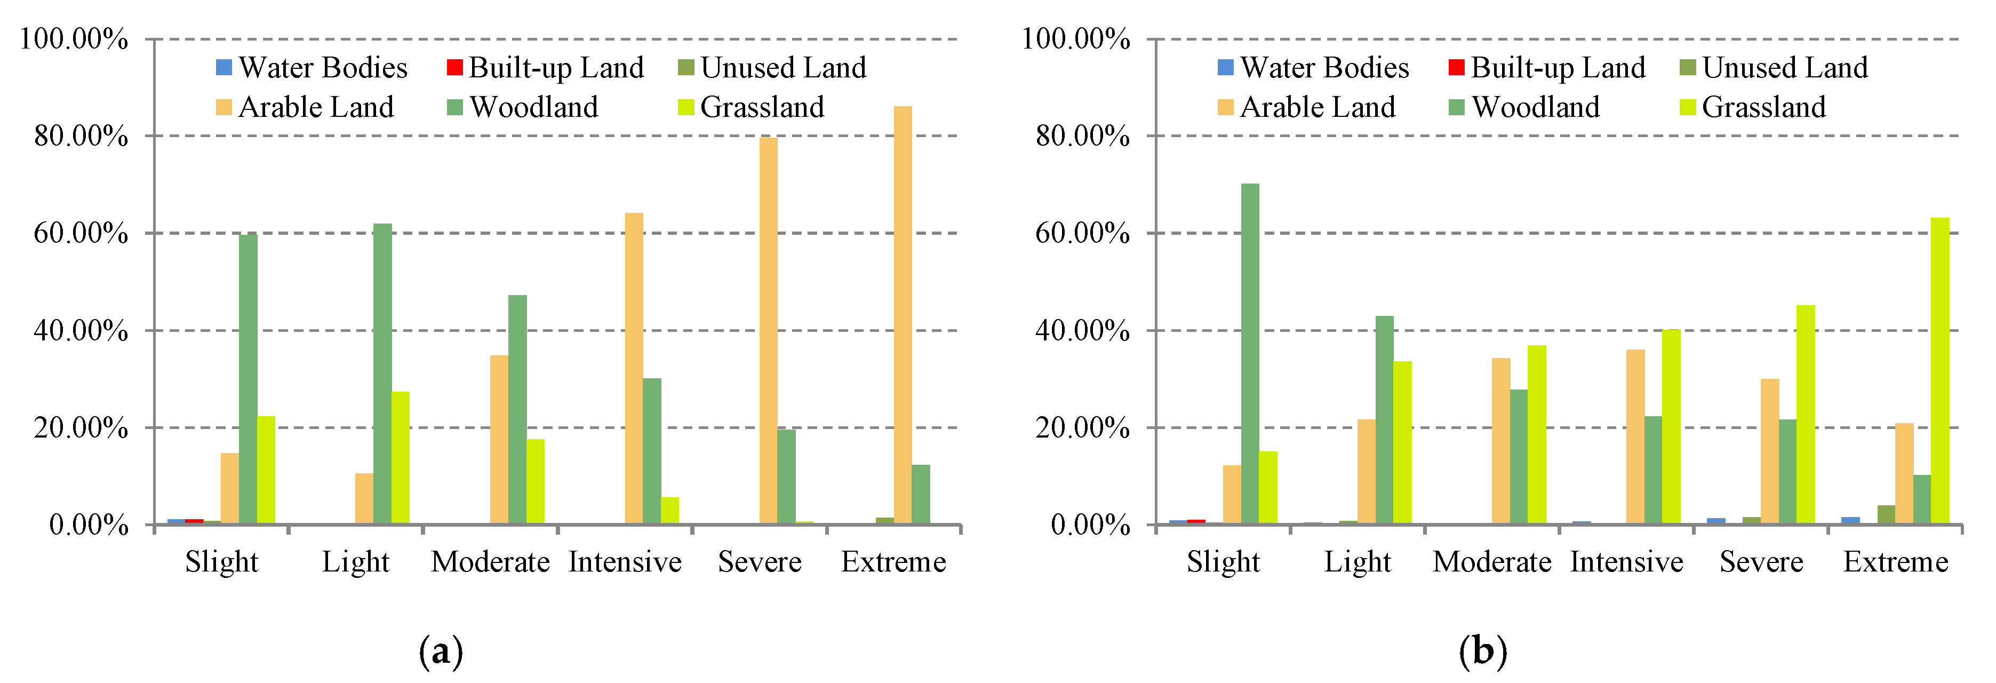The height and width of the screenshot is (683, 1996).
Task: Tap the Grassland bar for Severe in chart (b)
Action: pos(1806,414)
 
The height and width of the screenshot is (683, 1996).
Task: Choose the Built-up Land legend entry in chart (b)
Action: pos(1546,68)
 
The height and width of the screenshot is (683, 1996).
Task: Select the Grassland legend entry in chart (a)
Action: pos(751,107)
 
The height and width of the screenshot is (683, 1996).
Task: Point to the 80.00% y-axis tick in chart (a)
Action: pos(81,137)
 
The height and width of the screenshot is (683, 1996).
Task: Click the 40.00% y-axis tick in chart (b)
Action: pos(1082,331)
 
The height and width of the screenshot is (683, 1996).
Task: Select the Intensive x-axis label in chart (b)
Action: pos(1626,562)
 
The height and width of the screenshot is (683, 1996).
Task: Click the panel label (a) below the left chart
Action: pos(440,651)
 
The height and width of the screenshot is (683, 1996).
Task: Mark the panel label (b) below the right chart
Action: pos(1482,651)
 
